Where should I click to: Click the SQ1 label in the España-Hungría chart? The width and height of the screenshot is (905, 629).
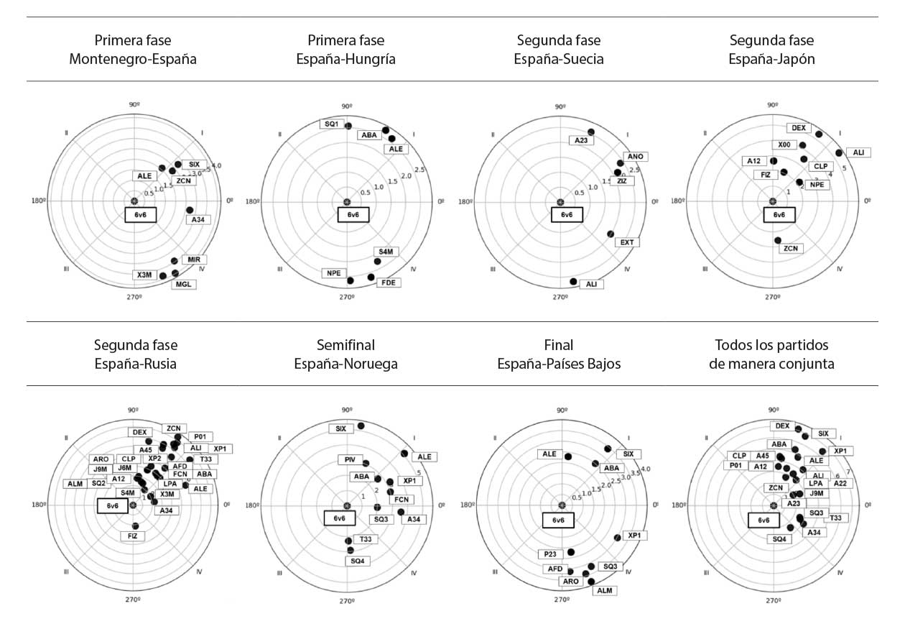click(x=331, y=124)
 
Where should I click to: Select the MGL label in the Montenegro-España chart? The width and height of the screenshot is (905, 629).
click(x=184, y=284)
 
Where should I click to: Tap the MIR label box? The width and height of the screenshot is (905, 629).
click(x=194, y=259)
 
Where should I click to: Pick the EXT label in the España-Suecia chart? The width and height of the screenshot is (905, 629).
click(x=626, y=242)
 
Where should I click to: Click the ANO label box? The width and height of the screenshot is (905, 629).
click(x=636, y=156)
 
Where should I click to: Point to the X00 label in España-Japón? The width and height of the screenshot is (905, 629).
click(x=784, y=144)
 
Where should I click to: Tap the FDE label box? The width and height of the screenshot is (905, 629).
click(x=390, y=283)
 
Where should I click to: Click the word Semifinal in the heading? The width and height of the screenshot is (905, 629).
click(x=345, y=345)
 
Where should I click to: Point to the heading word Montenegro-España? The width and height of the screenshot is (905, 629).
click(x=133, y=59)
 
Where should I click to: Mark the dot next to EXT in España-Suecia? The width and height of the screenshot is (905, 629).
click(x=611, y=234)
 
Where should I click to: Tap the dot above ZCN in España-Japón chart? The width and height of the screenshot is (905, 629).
click(x=778, y=240)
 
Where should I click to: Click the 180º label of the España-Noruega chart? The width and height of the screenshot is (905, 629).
click(x=253, y=505)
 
